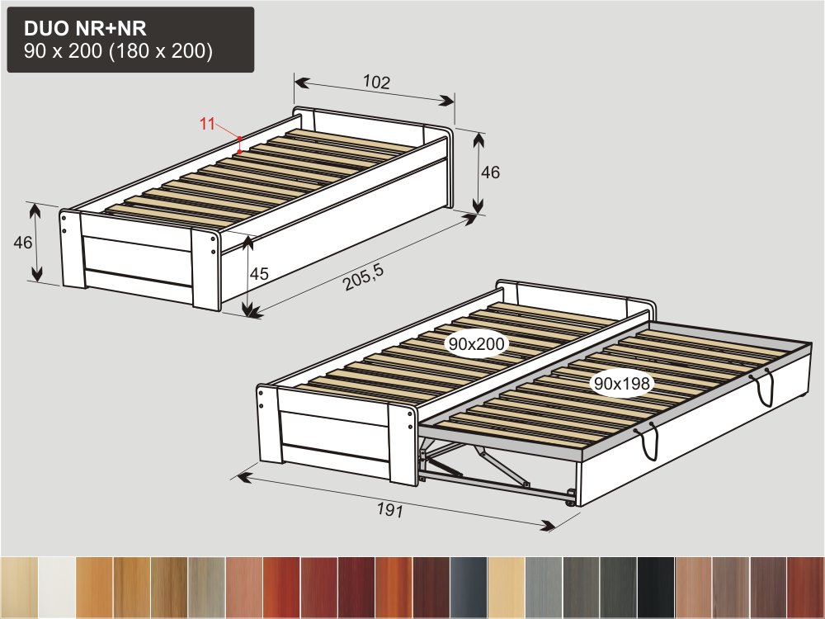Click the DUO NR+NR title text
(x=85, y=28)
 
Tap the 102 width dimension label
(x=377, y=82)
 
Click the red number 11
(x=207, y=124)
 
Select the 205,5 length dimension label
(x=364, y=277)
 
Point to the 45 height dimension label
(x=259, y=274)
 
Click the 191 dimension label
(x=390, y=509)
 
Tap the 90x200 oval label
(x=477, y=344)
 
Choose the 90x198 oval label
(x=622, y=383)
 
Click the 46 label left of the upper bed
(x=22, y=243)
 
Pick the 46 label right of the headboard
(x=490, y=172)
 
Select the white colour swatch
(x=57, y=587)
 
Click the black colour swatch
(x=656, y=587)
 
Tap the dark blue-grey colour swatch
(x=469, y=587)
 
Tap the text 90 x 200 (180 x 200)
(x=118, y=51)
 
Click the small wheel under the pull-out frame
(x=570, y=503)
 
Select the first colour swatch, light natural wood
(x=19, y=587)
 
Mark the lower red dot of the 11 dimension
(x=239, y=152)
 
